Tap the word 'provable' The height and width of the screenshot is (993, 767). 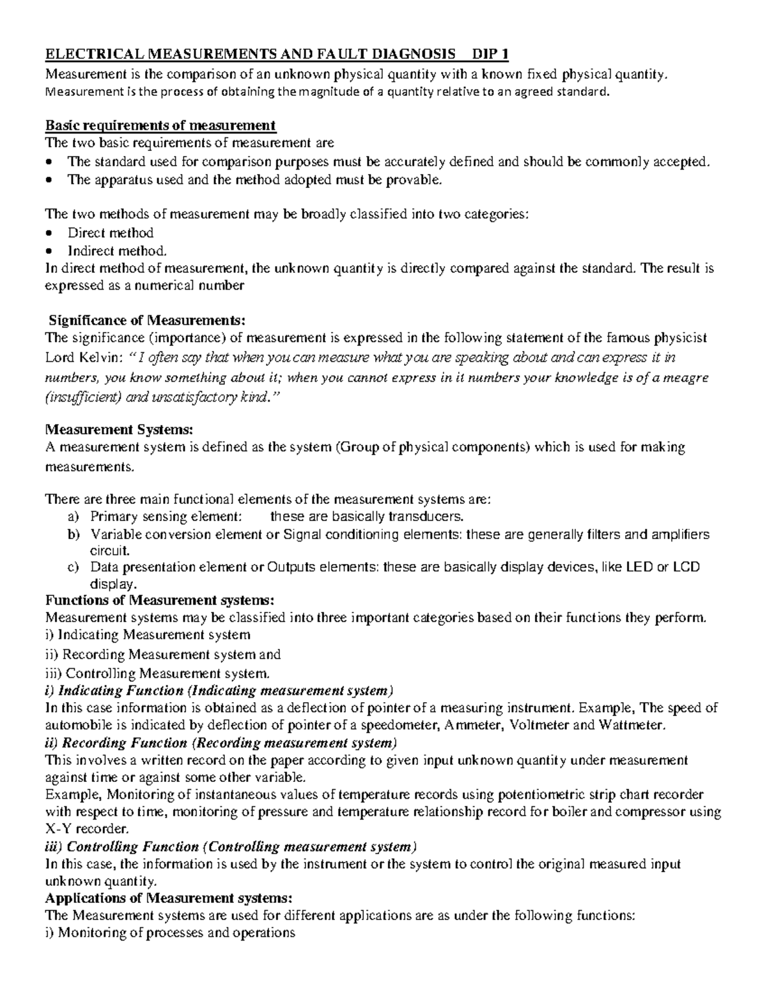pyautogui.click(x=413, y=180)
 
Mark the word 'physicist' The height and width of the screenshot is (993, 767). pyautogui.click(x=677, y=338)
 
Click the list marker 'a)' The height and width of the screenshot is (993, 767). pyautogui.click(x=73, y=517)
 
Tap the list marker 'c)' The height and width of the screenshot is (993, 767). pyautogui.click(x=73, y=567)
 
